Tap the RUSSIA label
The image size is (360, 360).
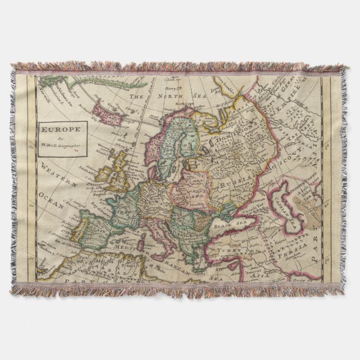[234, 182]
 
